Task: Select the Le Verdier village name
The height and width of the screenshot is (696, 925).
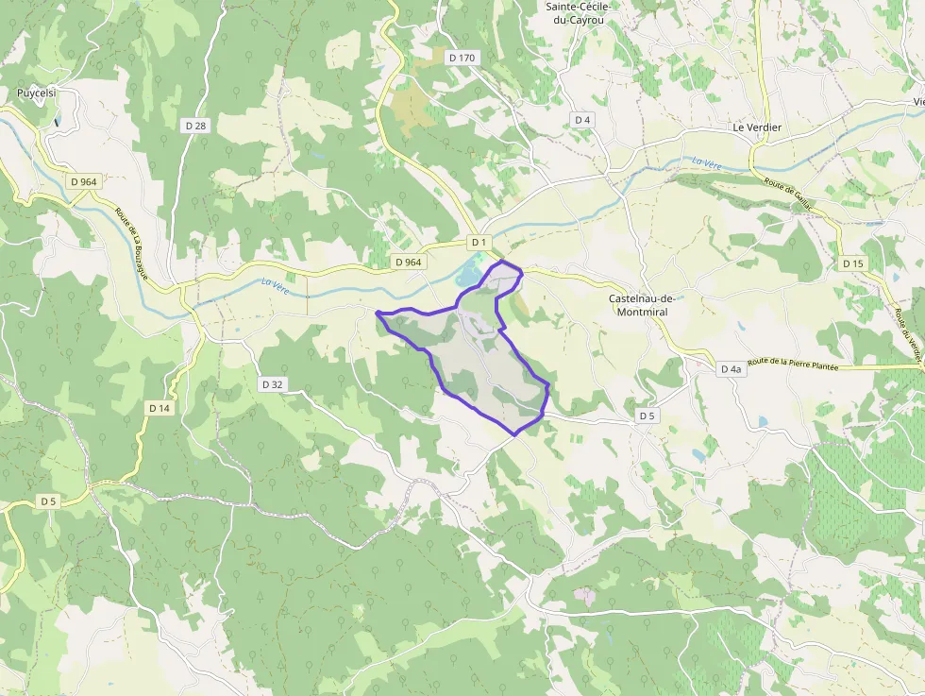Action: [757, 127]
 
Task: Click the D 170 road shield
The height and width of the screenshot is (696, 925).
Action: [462, 58]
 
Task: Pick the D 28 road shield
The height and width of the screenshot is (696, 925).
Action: [195, 125]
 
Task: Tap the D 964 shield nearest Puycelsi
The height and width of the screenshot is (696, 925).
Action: [84, 181]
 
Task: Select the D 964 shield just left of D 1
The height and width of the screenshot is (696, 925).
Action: [409, 262]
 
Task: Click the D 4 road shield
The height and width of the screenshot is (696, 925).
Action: [582, 119]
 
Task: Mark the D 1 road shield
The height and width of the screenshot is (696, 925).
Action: [479, 243]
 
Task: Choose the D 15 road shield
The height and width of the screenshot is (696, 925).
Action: [852, 263]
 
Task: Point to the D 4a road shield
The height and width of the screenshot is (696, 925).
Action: [731, 369]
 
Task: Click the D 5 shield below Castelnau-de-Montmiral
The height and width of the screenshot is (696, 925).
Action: [647, 416]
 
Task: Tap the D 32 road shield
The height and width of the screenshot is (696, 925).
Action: [272, 384]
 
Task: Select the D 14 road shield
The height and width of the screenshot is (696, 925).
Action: [160, 408]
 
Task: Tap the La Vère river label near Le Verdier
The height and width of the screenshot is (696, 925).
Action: [706, 163]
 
